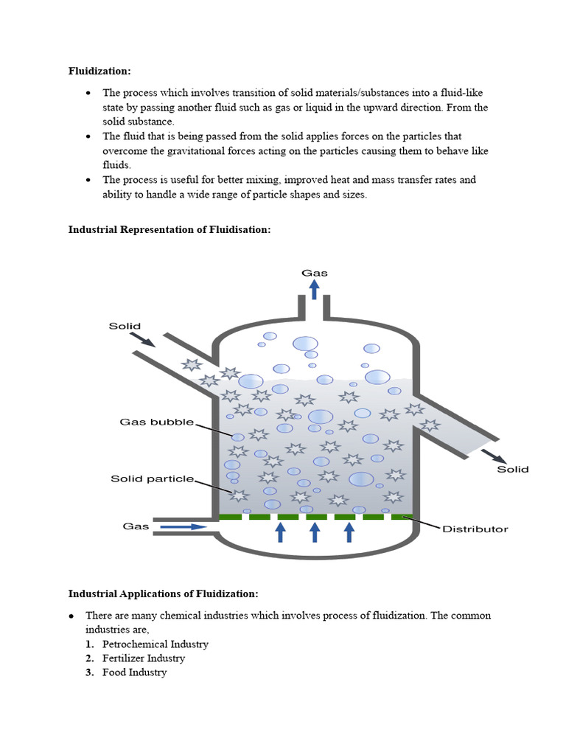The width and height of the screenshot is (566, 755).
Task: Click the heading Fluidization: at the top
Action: click(x=99, y=72)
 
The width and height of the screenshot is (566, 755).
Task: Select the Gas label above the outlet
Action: click(x=314, y=273)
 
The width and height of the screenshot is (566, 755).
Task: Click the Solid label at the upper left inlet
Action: click(x=125, y=326)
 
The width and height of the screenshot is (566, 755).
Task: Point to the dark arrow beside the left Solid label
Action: click(x=143, y=338)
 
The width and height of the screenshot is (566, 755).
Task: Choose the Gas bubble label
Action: click(x=157, y=422)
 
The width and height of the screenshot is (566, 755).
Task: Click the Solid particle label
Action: click(x=153, y=479)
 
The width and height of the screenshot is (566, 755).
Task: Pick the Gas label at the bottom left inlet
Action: click(x=136, y=526)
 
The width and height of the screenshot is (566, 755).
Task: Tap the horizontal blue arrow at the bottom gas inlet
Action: click(x=184, y=527)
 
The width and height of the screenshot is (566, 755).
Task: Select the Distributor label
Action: click(x=475, y=529)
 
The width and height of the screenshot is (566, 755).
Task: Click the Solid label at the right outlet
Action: click(x=512, y=469)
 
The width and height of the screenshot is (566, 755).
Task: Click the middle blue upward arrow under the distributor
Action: click(x=315, y=532)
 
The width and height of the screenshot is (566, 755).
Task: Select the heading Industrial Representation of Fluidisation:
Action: click(x=170, y=230)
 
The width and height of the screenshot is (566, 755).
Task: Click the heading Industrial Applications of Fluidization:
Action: click(x=164, y=594)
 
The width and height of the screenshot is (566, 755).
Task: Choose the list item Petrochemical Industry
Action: click(x=156, y=644)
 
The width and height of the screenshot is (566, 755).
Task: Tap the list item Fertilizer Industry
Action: click(x=144, y=658)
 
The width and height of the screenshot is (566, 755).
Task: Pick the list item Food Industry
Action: click(x=135, y=672)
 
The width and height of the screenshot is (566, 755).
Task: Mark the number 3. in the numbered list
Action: click(x=89, y=672)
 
